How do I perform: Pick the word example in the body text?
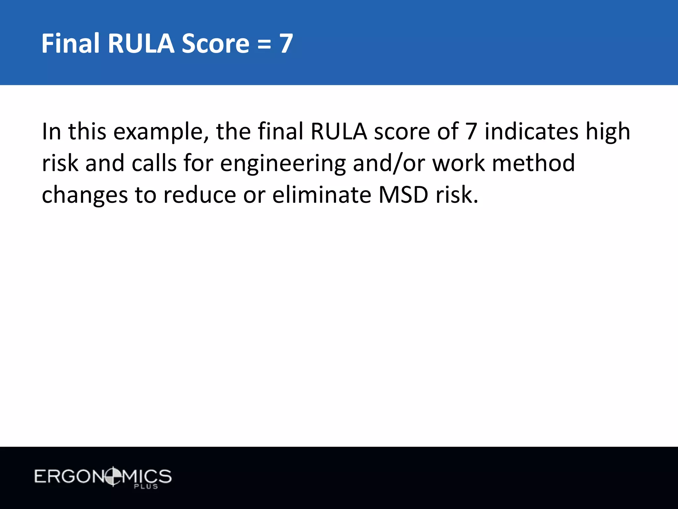[161, 132]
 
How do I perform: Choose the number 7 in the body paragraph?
[471, 132]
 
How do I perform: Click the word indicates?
[531, 132]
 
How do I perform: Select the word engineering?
[283, 164]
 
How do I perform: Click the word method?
[533, 163]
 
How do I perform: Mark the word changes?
[85, 195]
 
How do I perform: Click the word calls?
[154, 163]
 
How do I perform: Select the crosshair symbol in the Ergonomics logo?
[113, 477]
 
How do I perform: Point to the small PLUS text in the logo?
[146, 486]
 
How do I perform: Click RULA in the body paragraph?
[339, 132]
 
